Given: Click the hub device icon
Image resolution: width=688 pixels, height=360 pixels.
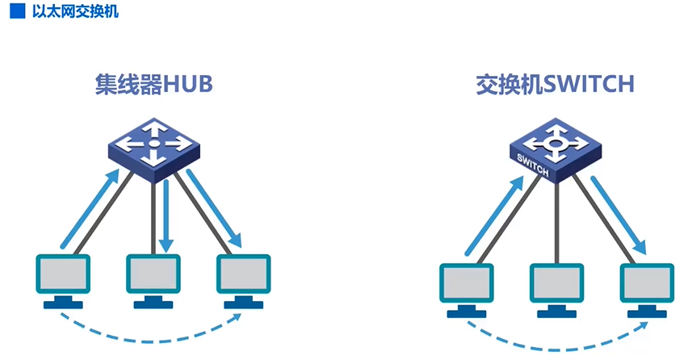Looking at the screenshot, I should click(153, 149).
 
